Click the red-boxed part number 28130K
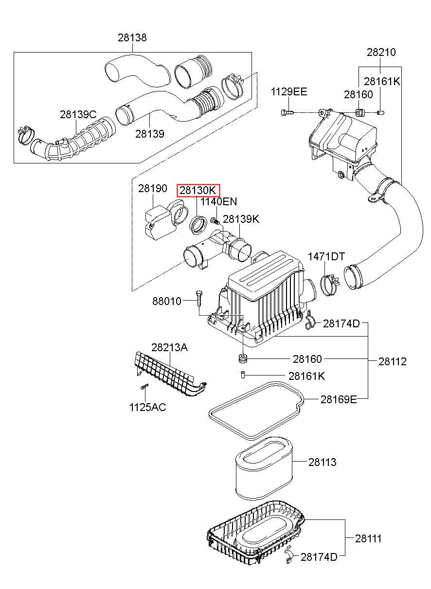tap(198, 190)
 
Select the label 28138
tap(132, 37)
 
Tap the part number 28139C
tap(78, 115)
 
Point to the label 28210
tap(381, 52)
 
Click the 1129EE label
tap(289, 92)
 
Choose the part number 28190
tap(152, 188)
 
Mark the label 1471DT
tap(326, 256)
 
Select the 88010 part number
tap(166, 301)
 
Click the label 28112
tap(393, 361)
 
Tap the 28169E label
tap(338, 399)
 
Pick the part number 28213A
tap(169, 347)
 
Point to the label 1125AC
tap(147, 407)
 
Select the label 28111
tap(368, 538)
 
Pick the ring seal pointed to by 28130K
tap(198, 225)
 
